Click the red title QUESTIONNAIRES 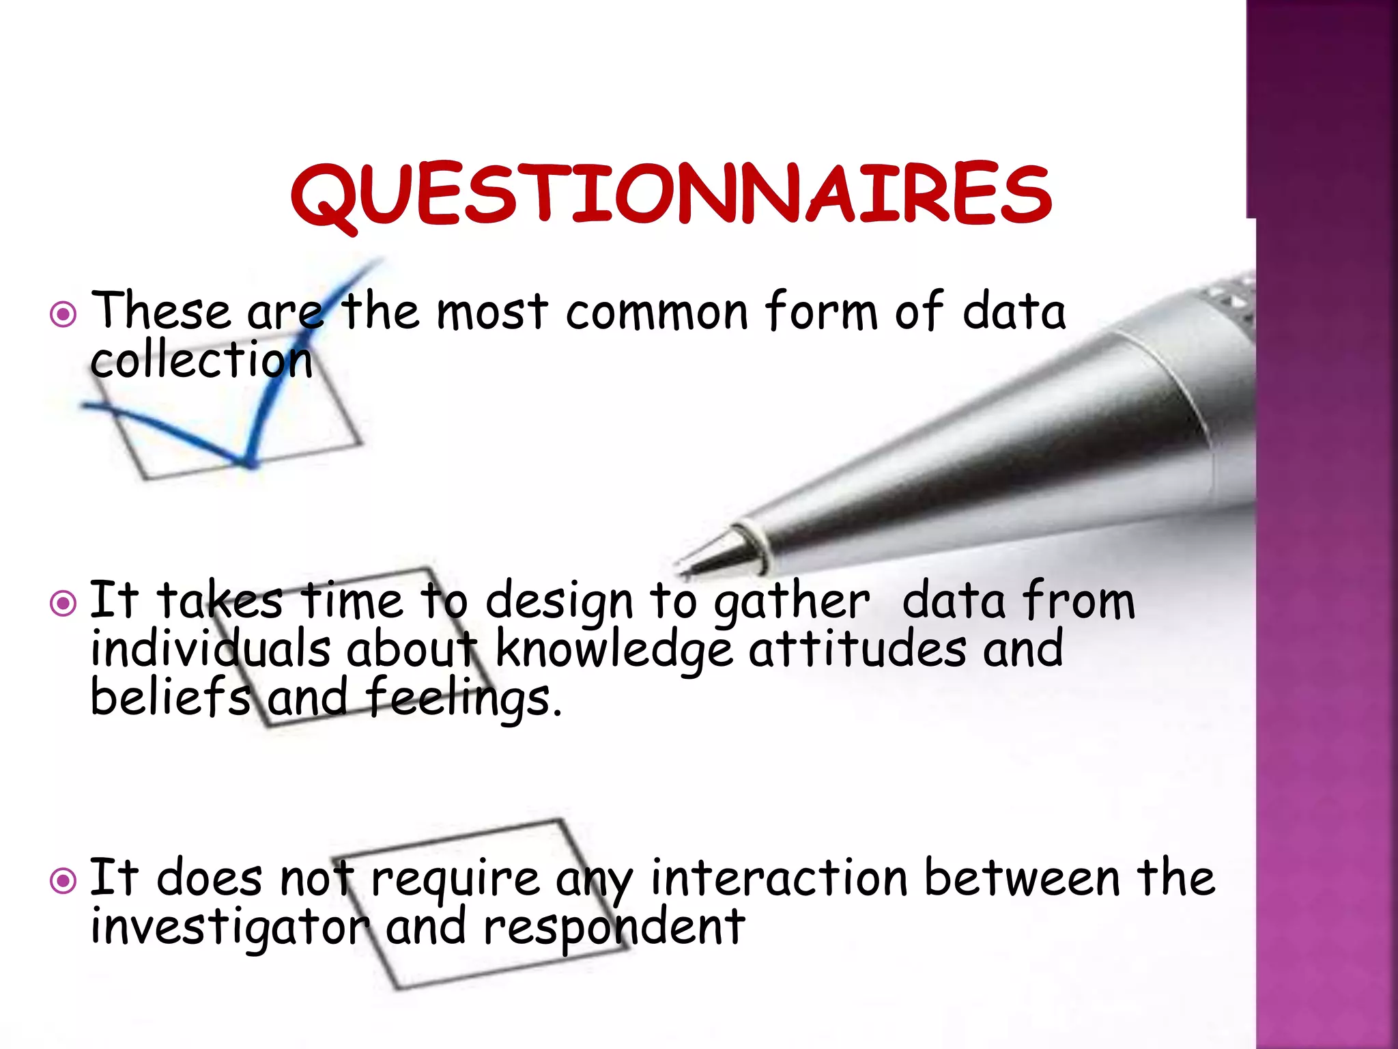[671, 195]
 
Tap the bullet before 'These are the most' [63, 315]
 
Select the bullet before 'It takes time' [63, 603]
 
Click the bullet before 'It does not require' [63, 881]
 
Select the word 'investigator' [230, 927]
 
